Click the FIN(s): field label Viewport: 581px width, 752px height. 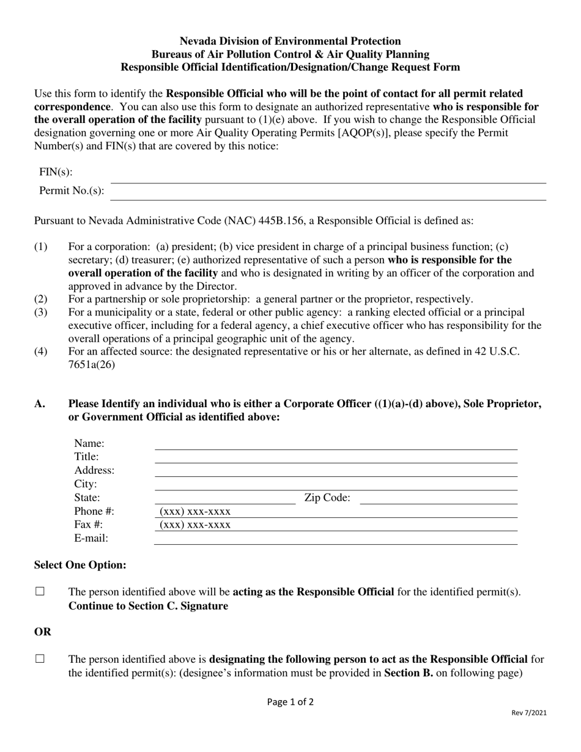56,172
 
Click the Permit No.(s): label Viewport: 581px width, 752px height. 72,190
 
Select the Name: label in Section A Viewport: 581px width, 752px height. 89,443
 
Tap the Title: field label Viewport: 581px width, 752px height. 87,457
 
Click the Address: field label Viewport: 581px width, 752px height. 94,470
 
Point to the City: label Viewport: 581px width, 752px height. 86,484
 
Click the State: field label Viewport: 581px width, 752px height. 87,498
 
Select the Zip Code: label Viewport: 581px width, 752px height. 327,498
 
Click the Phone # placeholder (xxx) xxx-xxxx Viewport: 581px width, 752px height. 195,512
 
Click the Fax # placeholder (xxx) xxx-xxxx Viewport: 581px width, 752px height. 195,525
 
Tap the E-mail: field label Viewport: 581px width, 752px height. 91,538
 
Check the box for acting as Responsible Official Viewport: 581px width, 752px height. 40,591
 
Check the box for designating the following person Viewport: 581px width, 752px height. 40,658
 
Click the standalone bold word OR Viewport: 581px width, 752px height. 43,632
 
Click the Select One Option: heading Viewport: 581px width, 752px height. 80,565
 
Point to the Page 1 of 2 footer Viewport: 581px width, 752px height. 290,702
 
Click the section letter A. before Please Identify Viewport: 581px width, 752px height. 40,404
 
